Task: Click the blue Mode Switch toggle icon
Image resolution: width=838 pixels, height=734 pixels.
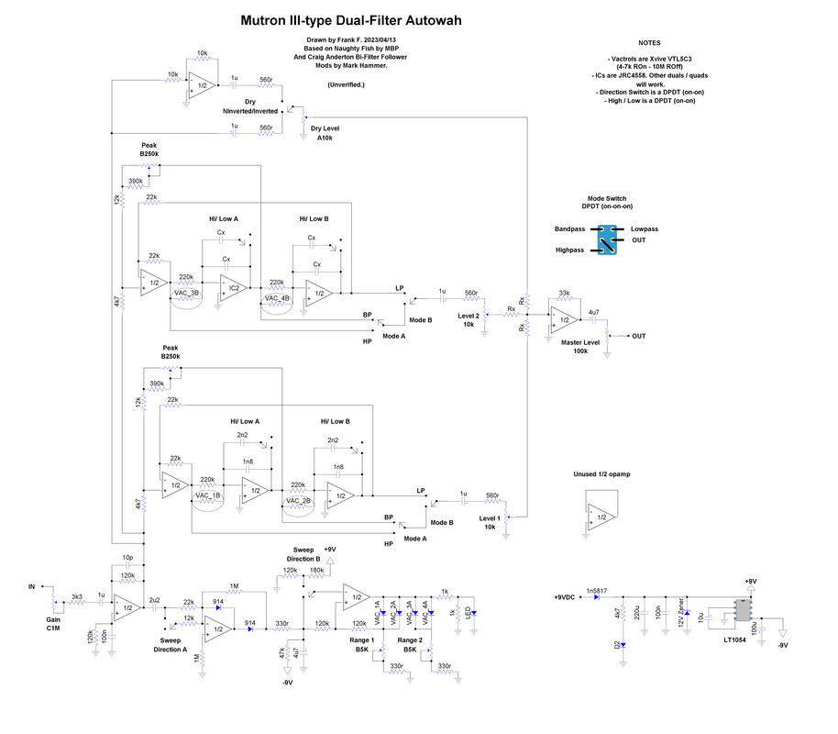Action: point(605,239)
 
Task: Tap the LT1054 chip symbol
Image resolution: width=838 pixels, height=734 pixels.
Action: point(742,612)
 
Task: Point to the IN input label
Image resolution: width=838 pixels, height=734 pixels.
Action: point(32,586)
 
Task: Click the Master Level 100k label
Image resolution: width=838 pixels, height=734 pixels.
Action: point(579,346)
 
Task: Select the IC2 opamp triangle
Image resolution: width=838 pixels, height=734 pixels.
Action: point(233,288)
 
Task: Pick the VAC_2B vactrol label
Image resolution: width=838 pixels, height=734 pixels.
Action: point(299,502)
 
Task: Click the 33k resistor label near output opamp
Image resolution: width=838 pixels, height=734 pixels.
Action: point(565,294)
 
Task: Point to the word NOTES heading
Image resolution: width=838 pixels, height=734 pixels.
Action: point(650,43)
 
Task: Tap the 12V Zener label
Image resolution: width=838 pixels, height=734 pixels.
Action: point(680,611)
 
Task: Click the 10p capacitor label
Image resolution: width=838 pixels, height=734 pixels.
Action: point(127,557)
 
